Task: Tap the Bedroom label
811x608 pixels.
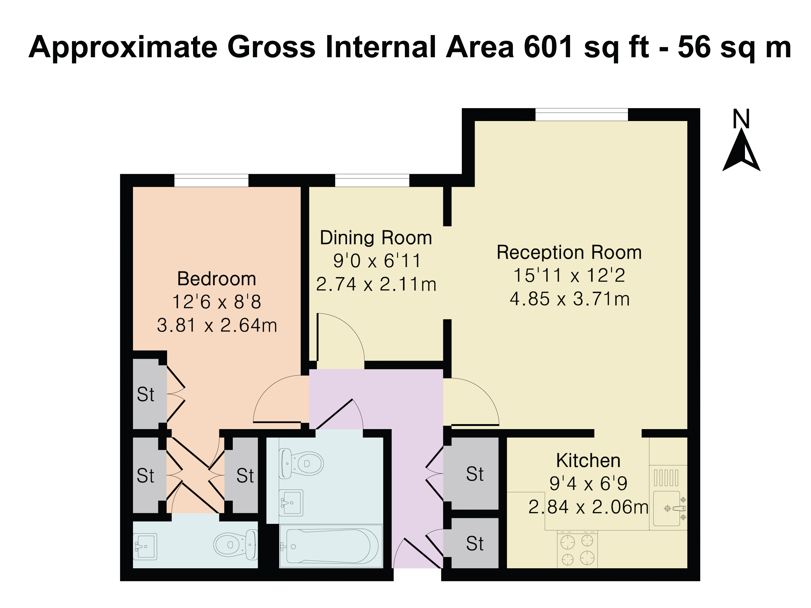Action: [216, 279]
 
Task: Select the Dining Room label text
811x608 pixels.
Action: [376, 237]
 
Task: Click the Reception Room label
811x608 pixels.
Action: [569, 252]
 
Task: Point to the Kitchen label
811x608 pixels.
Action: [588, 460]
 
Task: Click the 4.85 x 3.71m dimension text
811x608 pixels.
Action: [570, 299]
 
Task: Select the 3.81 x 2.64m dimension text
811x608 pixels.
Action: [217, 325]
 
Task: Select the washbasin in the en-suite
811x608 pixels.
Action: [145, 546]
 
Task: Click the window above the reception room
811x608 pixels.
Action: [581, 115]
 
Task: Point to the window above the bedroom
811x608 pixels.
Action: [211, 181]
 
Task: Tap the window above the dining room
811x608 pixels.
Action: [372, 181]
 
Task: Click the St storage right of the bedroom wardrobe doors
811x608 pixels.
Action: [245, 476]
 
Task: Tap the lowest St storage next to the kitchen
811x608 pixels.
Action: [474, 544]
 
